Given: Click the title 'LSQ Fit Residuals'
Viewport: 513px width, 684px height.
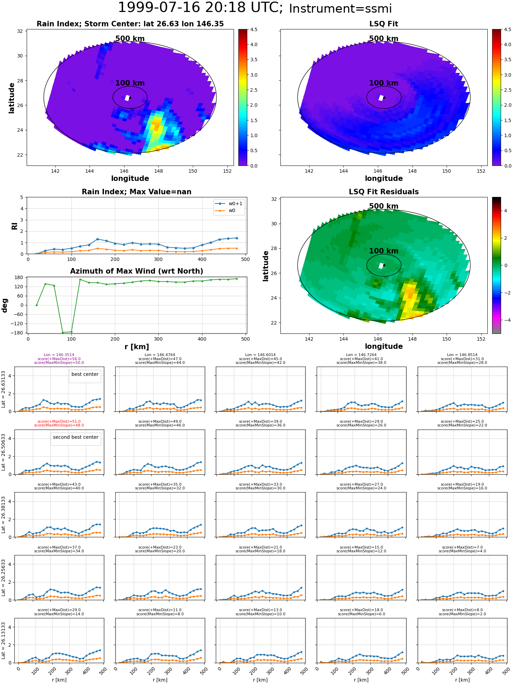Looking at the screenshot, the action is click(x=384, y=192).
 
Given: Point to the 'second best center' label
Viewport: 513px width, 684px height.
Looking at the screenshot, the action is click(x=76, y=437).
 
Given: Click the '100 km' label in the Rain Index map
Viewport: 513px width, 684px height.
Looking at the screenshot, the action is click(x=130, y=83).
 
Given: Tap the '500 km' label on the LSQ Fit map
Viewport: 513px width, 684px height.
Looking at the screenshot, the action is click(x=384, y=39).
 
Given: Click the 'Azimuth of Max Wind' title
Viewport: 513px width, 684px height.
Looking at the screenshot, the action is click(x=137, y=271).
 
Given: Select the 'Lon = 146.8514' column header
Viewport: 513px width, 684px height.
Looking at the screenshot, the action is click(x=462, y=355).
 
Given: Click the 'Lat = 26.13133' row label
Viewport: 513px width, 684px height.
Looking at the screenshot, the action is click(x=4, y=641).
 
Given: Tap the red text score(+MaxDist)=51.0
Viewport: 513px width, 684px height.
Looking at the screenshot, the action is click(x=59, y=422).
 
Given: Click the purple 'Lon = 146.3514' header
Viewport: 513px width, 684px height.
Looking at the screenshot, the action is click(x=59, y=355).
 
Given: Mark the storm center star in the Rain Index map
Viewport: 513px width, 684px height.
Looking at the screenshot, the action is click(x=130, y=97).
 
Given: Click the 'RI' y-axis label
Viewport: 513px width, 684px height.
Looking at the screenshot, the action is click(x=15, y=226).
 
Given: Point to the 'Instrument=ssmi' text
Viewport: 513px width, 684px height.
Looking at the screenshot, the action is click(x=340, y=9).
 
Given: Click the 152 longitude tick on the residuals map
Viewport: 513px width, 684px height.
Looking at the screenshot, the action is click(x=481, y=339).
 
